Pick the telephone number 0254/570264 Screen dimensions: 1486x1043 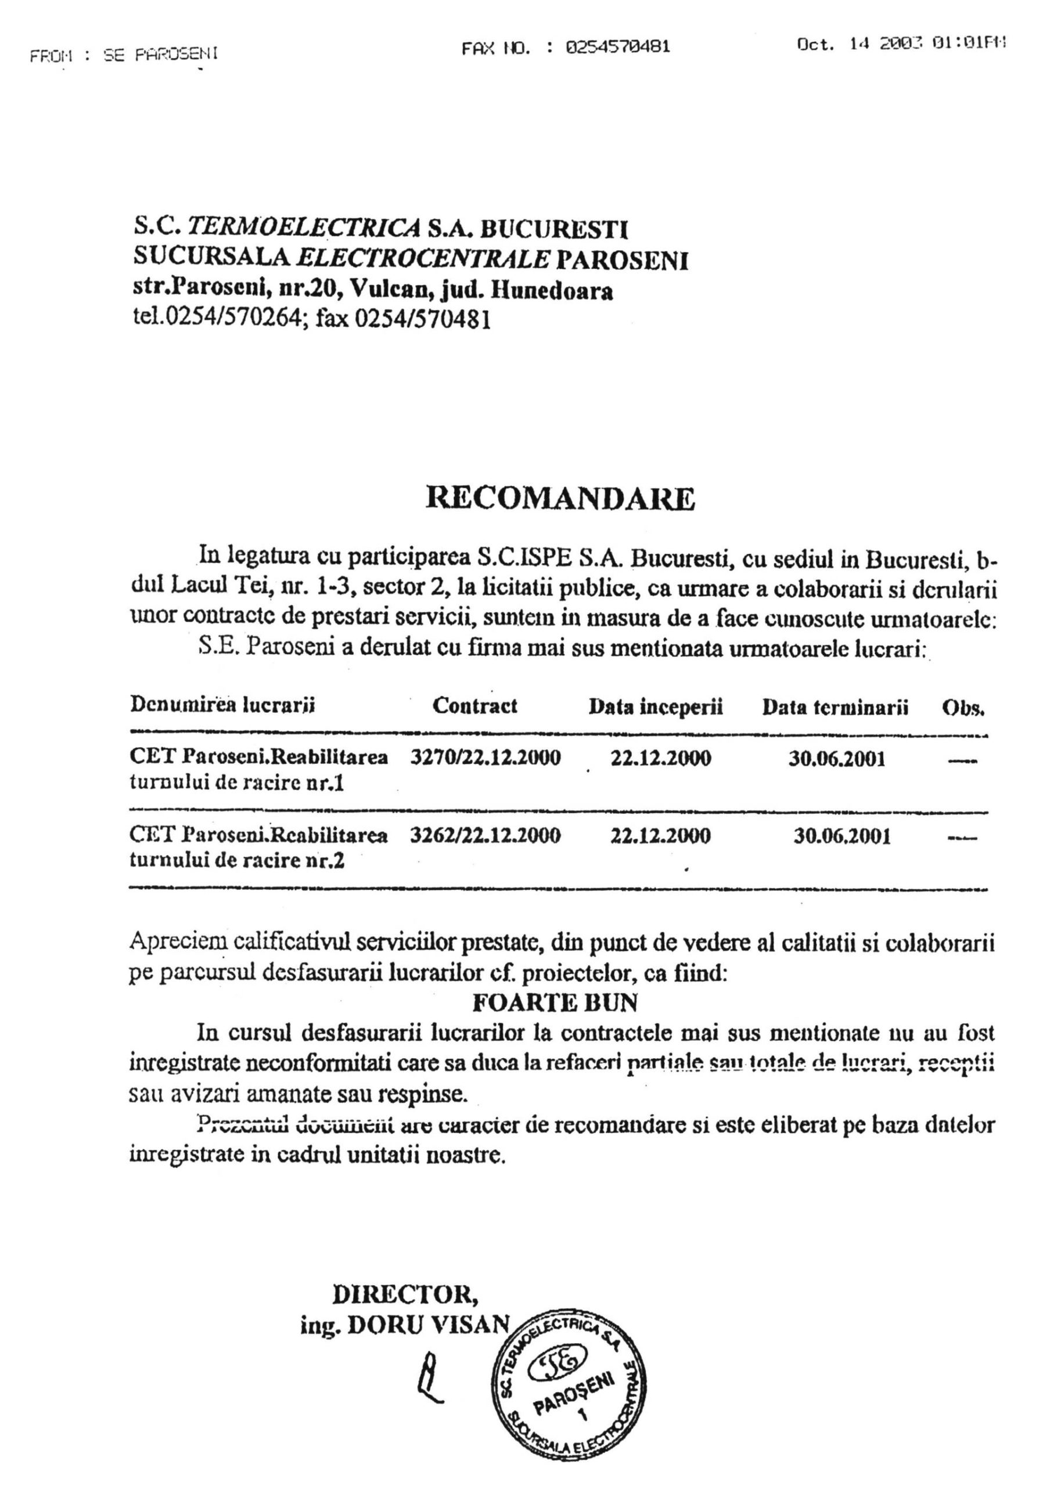pyautogui.click(x=235, y=320)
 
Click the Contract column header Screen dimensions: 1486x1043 pyautogui.click(x=474, y=705)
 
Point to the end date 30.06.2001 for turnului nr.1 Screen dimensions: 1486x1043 pyautogui.click(x=837, y=758)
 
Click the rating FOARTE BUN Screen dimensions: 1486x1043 pyautogui.click(x=556, y=1002)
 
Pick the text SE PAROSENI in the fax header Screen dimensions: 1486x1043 pyautogui.click(x=160, y=54)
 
